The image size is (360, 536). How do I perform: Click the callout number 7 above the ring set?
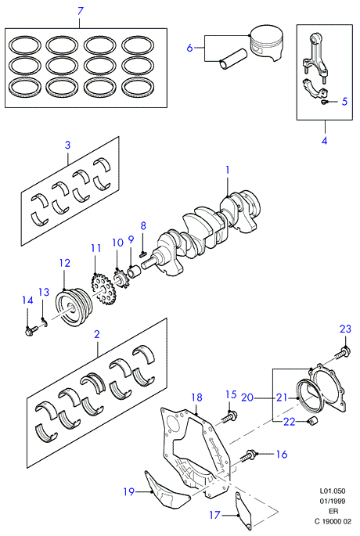tap(81, 11)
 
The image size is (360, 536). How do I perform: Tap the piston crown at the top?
tap(267, 34)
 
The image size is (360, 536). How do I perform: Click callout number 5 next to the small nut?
tap(344, 101)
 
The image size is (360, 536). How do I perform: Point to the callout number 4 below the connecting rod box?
tap(325, 140)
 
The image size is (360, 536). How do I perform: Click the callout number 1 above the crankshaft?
tap(228, 171)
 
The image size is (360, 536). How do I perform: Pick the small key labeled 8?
tap(143, 254)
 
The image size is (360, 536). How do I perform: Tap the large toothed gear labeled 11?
tap(103, 290)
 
